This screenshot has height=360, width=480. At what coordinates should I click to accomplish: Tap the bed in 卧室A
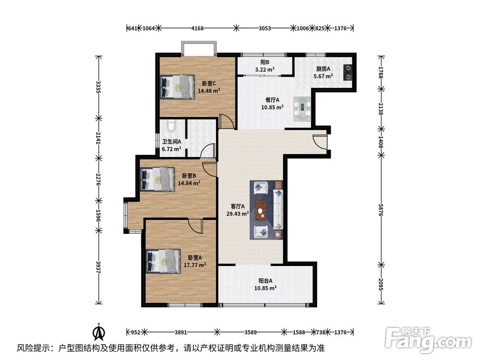[164, 261]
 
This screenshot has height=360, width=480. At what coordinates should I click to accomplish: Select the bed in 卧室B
[157, 179]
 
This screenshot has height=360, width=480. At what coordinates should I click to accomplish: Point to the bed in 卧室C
[178, 86]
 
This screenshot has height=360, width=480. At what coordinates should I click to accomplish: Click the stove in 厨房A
[348, 73]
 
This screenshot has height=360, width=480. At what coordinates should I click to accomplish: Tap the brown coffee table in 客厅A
[261, 210]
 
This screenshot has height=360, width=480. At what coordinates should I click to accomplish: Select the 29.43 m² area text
[238, 214]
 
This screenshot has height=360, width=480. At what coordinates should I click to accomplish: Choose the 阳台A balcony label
[265, 281]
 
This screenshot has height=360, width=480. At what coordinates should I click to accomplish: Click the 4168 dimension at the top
[197, 28]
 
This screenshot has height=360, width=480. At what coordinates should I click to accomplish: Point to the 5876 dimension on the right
[381, 210]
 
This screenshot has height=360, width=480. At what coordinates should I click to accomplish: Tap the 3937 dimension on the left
[98, 267]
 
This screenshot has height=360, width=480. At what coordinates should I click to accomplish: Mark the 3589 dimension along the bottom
[251, 332]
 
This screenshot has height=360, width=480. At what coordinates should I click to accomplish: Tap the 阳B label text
[265, 62]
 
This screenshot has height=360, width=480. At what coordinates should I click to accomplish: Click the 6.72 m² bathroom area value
[171, 149]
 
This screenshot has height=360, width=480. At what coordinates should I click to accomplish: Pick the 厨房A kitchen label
[323, 69]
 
